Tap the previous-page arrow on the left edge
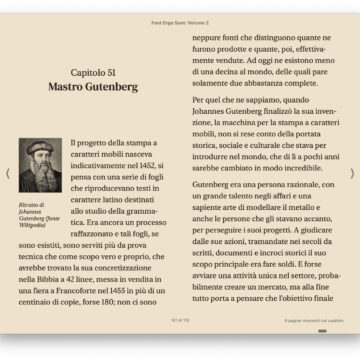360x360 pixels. tap(8, 173)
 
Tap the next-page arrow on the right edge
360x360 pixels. tap(352, 173)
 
